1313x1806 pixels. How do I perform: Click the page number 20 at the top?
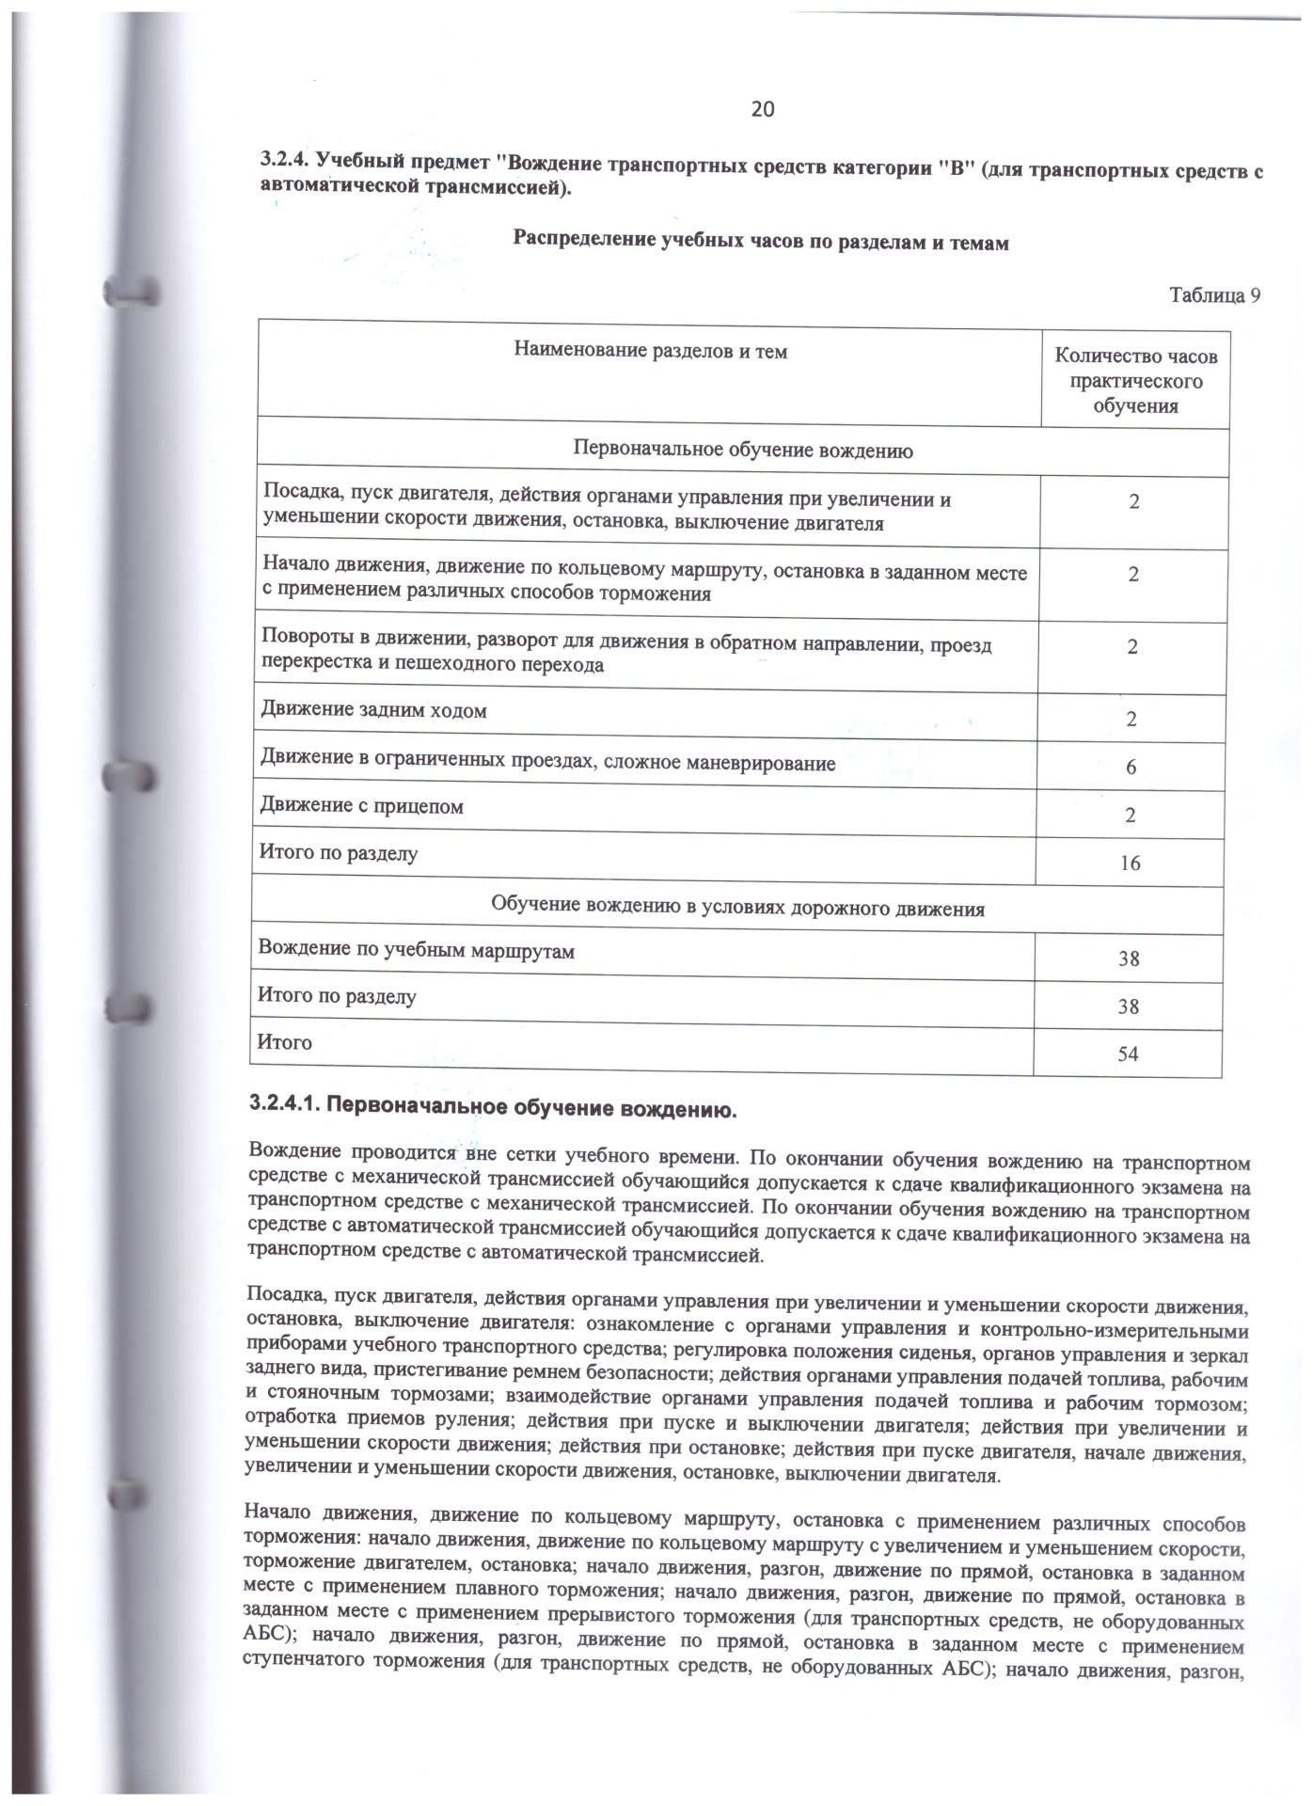[762, 109]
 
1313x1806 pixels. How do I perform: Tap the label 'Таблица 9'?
[1214, 295]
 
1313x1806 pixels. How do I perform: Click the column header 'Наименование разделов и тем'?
[651, 352]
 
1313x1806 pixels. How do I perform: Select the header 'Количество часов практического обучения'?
[1135, 381]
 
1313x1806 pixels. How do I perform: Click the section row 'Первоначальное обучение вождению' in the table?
[743, 451]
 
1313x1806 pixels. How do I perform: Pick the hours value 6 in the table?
[1131, 768]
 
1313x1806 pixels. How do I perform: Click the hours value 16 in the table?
[1131, 863]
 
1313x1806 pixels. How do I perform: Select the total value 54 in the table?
[1128, 1054]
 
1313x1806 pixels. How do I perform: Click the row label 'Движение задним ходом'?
[374, 711]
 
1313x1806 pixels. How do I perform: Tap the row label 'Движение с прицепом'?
[362, 807]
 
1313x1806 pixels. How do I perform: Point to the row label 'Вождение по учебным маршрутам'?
[417, 951]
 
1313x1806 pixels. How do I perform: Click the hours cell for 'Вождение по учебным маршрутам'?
[1129, 958]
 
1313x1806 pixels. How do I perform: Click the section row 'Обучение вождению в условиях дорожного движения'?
[737, 909]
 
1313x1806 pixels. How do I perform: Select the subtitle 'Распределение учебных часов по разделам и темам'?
[760, 242]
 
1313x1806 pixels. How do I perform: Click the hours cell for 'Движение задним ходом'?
[1131, 720]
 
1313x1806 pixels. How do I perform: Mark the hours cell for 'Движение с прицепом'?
[1131, 816]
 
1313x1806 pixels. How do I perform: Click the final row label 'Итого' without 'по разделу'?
[285, 1043]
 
